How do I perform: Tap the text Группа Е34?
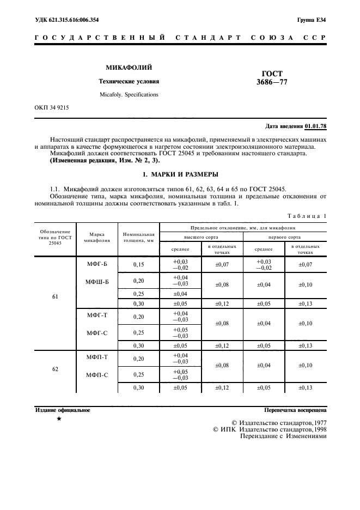coord(312,20)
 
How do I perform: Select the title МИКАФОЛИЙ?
coord(129,68)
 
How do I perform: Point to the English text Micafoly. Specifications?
coord(129,94)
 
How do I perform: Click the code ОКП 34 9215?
coord(51,108)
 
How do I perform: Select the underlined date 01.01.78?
coord(315,126)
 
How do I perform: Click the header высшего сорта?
coord(201,238)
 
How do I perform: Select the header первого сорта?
coord(285,238)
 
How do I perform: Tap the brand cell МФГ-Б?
coord(97,264)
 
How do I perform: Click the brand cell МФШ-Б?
coord(97,282)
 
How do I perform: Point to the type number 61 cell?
coord(55,297)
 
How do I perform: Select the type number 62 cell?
coord(55,369)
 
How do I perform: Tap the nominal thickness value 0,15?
coord(138,264)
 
